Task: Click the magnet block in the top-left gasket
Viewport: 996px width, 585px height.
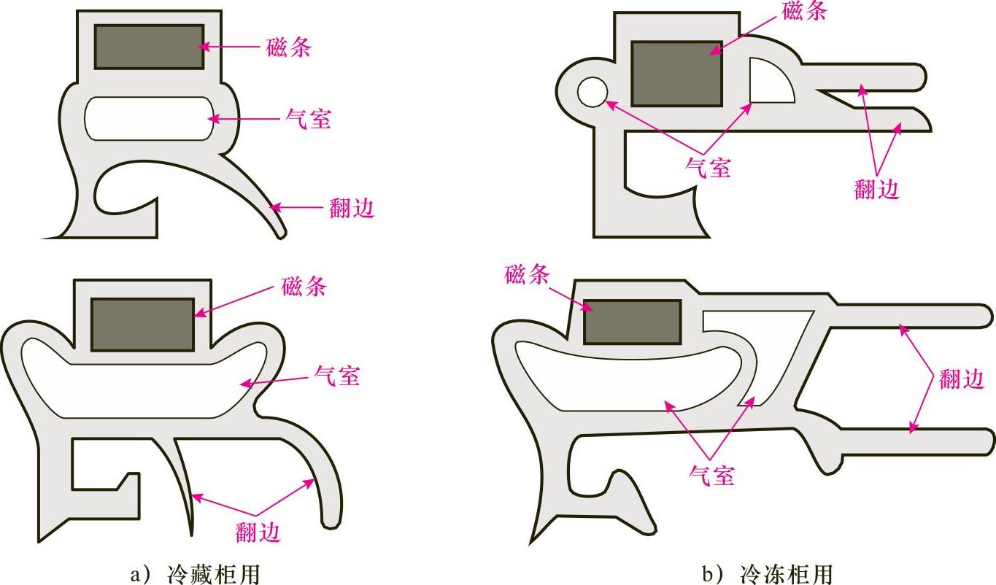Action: (150, 47)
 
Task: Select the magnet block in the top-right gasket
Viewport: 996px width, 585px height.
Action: (676, 74)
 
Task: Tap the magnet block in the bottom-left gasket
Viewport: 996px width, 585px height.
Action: (143, 325)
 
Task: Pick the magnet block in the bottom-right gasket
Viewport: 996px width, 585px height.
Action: (633, 322)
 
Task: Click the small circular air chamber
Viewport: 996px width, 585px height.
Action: (592, 92)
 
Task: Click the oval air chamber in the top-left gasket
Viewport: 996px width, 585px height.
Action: (150, 118)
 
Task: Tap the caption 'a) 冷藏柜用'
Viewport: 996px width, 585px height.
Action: (195, 574)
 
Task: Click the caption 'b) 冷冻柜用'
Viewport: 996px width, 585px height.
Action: (767, 574)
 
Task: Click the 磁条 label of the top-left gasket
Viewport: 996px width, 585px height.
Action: (289, 47)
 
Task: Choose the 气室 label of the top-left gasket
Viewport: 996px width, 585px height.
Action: (309, 119)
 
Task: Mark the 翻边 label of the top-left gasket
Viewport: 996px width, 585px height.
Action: (352, 208)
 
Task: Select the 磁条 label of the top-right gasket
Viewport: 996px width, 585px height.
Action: (804, 11)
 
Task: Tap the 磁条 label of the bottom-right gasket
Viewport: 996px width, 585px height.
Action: (527, 274)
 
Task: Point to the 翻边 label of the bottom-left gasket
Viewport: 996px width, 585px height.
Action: (258, 532)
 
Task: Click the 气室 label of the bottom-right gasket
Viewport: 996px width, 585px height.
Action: (711, 475)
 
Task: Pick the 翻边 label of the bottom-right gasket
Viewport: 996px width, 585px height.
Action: (961, 379)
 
